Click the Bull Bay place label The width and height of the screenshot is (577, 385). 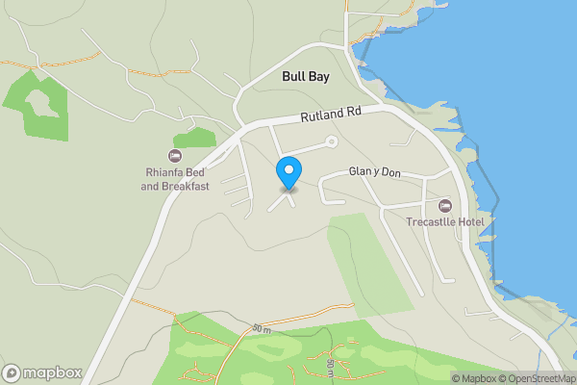click(x=304, y=75)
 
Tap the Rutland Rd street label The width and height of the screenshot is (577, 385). click(x=330, y=114)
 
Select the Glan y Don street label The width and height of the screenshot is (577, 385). click(x=375, y=172)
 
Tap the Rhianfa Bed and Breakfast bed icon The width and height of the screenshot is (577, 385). click(x=174, y=155)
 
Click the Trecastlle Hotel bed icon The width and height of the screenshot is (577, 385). click(x=444, y=206)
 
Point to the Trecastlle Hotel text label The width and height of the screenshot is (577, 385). click(x=444, y=223)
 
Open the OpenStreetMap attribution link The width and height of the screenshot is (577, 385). click(x=540, y=378)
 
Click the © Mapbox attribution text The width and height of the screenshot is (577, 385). click(x=476, y=378)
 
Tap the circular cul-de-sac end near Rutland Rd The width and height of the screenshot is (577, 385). click(x=332, y=142)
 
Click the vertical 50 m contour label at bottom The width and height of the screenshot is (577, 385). click(x=329, y=367)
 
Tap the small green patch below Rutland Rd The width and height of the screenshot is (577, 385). click(x=195, y=138)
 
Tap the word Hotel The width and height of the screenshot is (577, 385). click(x=474, y=223)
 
